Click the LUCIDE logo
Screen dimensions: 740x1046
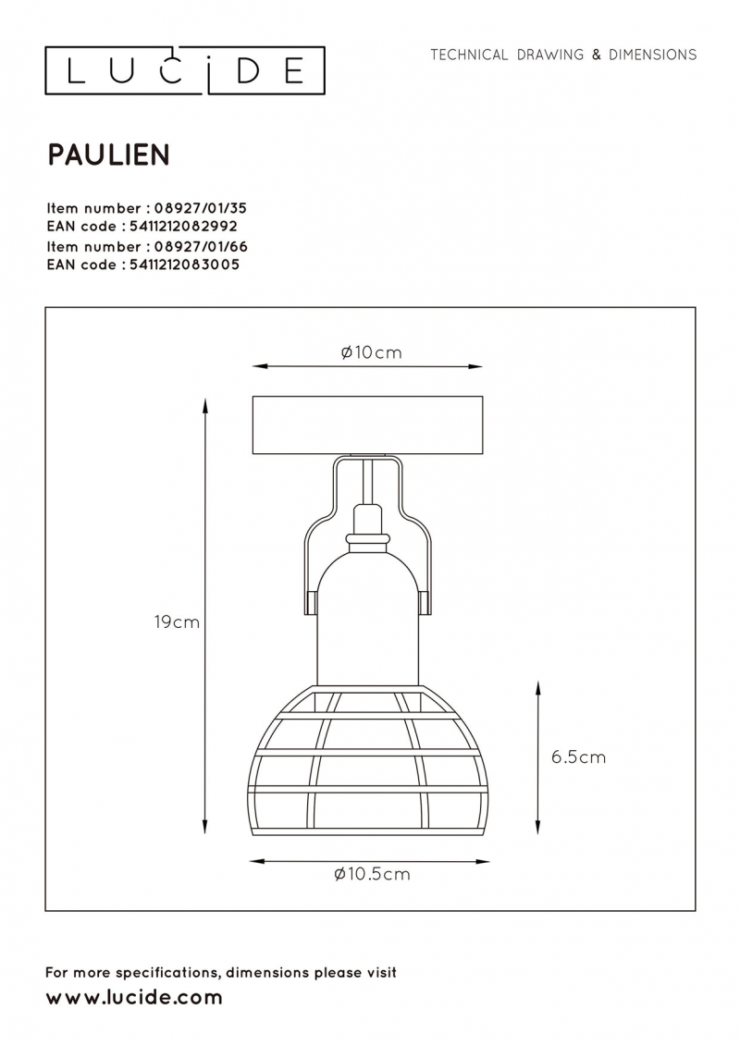point(185,70)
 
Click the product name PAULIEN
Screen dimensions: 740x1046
point(109,154)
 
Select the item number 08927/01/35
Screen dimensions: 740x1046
point(200,208)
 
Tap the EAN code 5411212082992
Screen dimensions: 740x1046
point(183,227)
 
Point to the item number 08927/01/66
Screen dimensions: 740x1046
point(201,247)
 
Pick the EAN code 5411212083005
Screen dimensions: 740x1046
point(184,265)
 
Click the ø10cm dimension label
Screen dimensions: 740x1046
point(372,352)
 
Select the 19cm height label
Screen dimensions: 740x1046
point(177,621)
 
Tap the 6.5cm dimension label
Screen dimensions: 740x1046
point(578,757)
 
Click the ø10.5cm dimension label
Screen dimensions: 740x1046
point(373,874)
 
